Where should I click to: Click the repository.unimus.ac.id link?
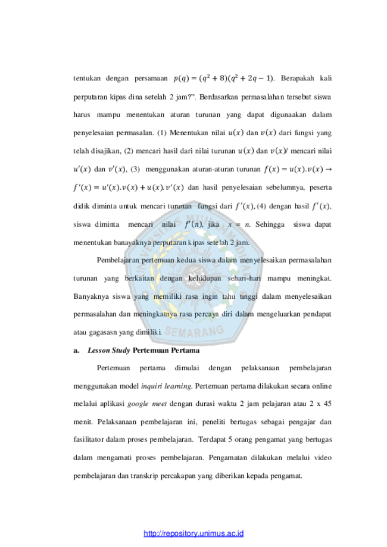[193, 533]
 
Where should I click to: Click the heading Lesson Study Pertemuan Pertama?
[143, 350]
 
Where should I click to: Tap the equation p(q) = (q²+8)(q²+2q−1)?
[223, 79]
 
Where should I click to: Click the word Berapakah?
[297, 78]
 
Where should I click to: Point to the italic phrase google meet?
[147, 404]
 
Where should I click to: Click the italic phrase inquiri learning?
[167, 386]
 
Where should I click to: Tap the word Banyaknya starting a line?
[90, 296]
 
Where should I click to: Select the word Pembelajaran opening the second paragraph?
[118, 260]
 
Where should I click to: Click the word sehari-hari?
[244, 279]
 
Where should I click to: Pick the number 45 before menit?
[327, 404]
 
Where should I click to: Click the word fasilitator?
[88, 439]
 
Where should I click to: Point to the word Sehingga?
[270, 224]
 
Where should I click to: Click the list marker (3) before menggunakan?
[135, 170]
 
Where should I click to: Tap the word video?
[323, 457]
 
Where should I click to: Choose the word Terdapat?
[212, 439]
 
